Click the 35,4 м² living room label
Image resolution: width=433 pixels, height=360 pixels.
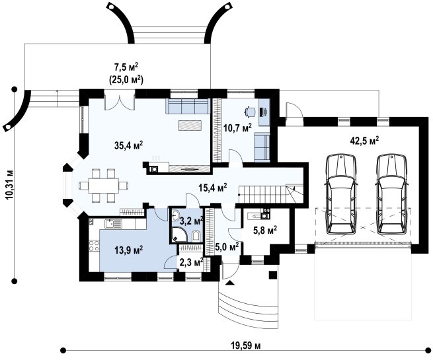(128, 145)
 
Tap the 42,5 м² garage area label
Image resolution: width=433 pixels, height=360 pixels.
(364, 140)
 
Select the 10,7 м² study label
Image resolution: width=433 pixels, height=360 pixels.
(237, 128)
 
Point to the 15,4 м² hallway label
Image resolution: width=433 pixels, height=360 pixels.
(213, 188)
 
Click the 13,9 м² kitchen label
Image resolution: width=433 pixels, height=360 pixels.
(128, 250)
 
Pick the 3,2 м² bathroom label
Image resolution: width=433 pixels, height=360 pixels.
(191, 221)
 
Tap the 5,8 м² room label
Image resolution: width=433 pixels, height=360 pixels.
(265, 230)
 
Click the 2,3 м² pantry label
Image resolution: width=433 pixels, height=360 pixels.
(191, 262)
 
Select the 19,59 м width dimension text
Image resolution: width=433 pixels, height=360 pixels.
(245, 345)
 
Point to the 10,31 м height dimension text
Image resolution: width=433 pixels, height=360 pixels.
(9, 184)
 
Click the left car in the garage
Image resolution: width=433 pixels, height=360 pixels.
(340, 194)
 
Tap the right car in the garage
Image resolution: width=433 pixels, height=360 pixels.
(392, 194)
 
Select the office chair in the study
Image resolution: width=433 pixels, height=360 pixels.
(250, 112)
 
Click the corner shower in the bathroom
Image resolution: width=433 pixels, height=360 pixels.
(180, 234)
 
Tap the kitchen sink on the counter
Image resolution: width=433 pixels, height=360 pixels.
(113, 224)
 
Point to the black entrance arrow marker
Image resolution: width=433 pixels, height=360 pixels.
(230, 283)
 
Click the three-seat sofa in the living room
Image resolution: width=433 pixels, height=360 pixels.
(187, 106)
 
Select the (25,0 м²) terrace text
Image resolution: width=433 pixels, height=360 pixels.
(126, 81)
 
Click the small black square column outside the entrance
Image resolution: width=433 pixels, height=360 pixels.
(273, 275)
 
